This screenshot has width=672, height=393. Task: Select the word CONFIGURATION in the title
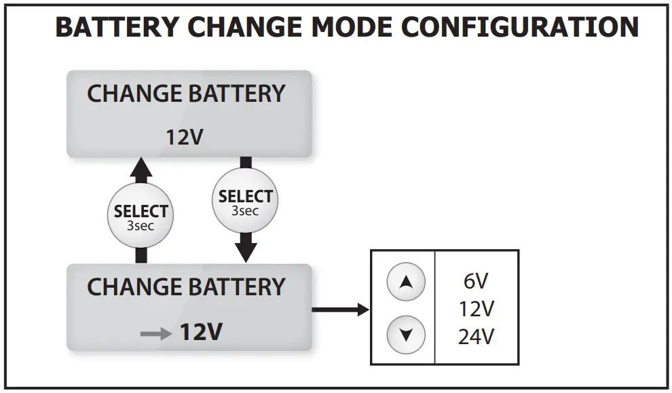pyautogui.click(x=521, y=28)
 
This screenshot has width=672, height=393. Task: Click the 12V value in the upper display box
pyautogui.click(x=185, y=138)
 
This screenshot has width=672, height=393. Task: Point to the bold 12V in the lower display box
pyautogui.click(x=201, y=333)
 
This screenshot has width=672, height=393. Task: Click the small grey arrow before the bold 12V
pyautogui.click(x=155, y=333)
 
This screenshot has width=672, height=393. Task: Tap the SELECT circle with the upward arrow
pyautogui.click(x=141, y=216)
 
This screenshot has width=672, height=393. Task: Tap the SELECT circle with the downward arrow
pyautogui.click(x=245, y=202)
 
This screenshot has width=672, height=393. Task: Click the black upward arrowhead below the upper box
pyautogui.click(x=141, y=168)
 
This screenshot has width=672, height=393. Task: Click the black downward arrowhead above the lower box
pyautogui.click(x=245, y=251)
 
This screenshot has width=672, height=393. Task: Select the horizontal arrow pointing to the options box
pyautogui.click(x=339, y=310)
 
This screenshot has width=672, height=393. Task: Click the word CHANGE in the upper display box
pyautogui.click(x=134, y=94)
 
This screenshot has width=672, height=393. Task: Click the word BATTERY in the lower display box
pyautogui.click(x=236, y=287)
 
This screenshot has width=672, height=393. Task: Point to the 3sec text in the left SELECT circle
pyautogui.click(x=141, y=226)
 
